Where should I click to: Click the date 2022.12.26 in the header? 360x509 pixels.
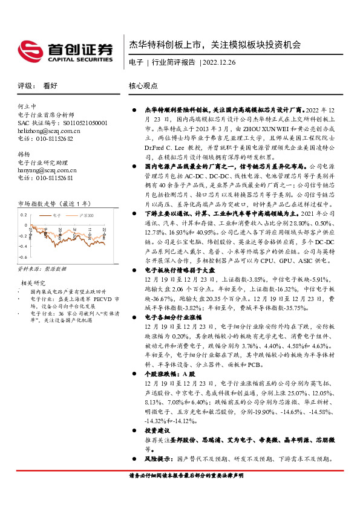point(220,62)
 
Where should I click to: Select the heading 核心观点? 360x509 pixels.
point(143,87)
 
